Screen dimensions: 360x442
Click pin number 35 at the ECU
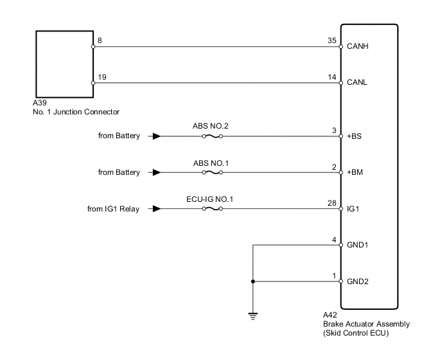click(x=332, y=40)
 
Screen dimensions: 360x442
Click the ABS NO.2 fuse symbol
click(x=211, y=136)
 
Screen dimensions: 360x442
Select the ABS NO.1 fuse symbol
click(x=211, y=172)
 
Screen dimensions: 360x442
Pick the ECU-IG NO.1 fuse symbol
click(x=211, y=208)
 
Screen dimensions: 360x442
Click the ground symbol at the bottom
click(x=253, y=316)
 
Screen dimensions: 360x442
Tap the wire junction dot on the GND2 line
click(x=253, y=281)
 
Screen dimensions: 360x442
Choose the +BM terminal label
click(x=355, y=172)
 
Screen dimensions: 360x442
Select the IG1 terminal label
click(x=353, y=209)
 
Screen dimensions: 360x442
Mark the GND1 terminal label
click(x=358, y=245)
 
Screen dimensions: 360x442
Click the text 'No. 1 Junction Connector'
click(x=76, y=112)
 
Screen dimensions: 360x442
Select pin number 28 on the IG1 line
click(x=332, y=202)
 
